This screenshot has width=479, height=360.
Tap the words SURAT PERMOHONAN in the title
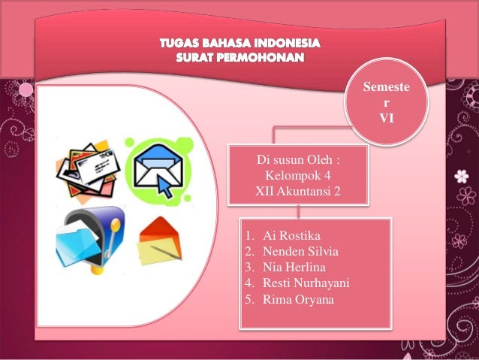239,57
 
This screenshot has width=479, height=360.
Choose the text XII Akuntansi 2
298,192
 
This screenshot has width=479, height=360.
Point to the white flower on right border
461,177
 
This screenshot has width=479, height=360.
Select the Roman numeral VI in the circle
387,117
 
